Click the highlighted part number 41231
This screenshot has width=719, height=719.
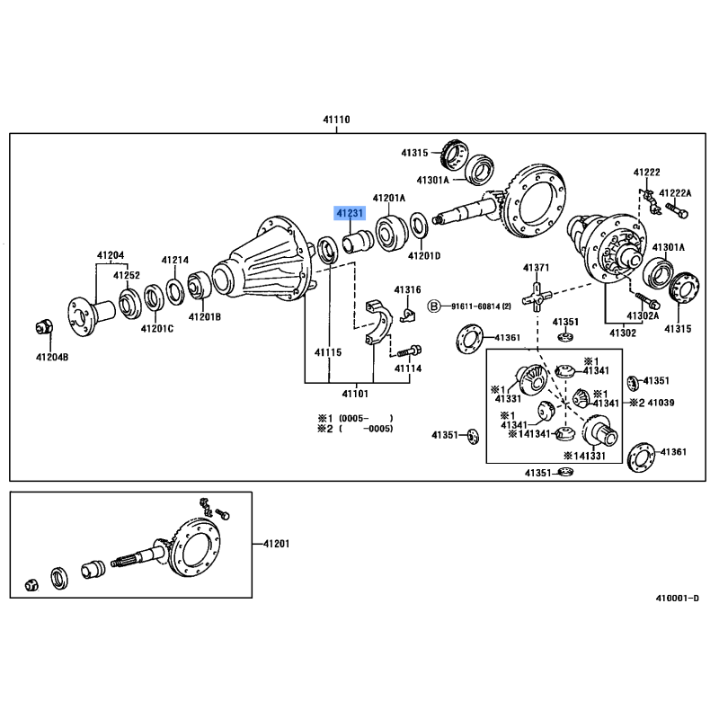click(351, 214)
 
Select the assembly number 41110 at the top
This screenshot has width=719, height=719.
click(337, 120)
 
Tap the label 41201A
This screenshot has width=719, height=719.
click(389, 198)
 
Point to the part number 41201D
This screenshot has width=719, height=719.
click(424, 256)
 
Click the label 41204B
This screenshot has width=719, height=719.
click(51, 358)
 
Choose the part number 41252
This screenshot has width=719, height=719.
click(126, 275)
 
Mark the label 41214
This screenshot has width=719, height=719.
click(175, 261)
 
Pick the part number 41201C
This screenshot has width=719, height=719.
click(156, 328)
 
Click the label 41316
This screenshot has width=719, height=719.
click(407, 289)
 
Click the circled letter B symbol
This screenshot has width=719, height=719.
click(433, 306)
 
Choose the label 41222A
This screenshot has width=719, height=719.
click(676, 193)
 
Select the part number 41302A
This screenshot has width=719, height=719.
click(644, 315)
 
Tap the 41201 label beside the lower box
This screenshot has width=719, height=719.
click(276, 544)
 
